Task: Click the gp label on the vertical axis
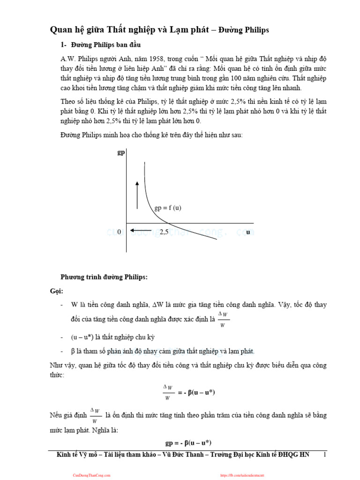(121, 153)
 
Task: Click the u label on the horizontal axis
(248, 232)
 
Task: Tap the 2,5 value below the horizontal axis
(164, 232)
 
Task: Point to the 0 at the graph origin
(120, 232)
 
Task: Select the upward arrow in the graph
(137, 194)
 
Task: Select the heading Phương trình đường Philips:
(104, 277)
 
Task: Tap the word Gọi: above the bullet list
(56, 291)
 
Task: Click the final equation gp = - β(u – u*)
(188, 442)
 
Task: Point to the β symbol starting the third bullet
(73, 351)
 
